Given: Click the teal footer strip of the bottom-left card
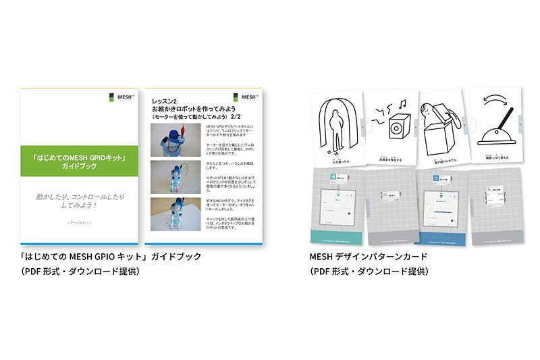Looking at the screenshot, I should [x=333, y=236].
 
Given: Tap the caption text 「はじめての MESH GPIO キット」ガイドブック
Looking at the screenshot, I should [x=111, y=257].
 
